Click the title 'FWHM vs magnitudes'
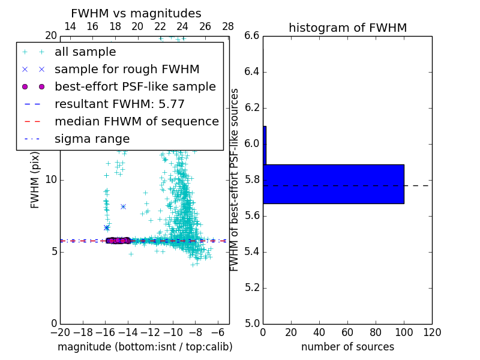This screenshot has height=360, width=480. (136, 14)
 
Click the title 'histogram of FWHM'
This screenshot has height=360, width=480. (347, 28)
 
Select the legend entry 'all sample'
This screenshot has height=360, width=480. (85, 52)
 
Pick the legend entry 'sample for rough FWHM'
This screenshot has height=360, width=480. (127, 70)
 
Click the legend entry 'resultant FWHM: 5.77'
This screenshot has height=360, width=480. (119, 104)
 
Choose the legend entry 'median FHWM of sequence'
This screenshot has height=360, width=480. (136, 122)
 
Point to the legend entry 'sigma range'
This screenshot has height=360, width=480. (92, 139)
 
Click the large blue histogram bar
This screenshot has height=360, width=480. (333, 184)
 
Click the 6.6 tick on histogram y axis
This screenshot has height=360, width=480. (252, 36)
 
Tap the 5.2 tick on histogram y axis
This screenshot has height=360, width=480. (252, 287)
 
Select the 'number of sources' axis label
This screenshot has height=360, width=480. (347, 347)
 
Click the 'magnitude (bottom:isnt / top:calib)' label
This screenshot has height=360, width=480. (145, 347)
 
